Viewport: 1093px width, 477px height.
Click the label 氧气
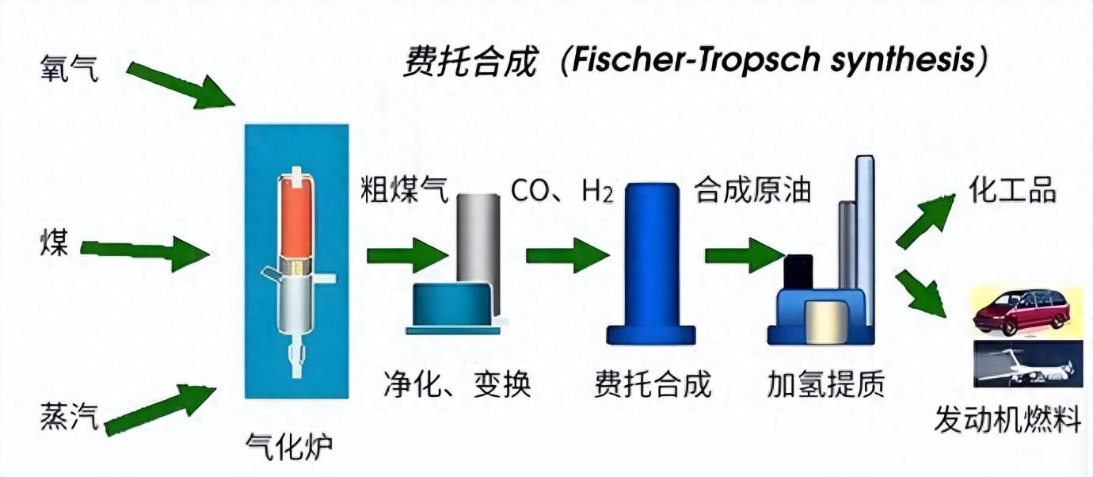[70, 70]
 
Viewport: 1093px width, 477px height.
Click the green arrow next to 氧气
[181, 84]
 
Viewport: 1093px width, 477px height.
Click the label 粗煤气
[405, 191]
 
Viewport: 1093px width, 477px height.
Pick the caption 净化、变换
[457, 384]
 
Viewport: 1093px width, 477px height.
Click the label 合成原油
[752, 191]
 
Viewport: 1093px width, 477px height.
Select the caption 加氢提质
[825, 384]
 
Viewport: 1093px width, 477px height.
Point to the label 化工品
[1012, 191]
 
